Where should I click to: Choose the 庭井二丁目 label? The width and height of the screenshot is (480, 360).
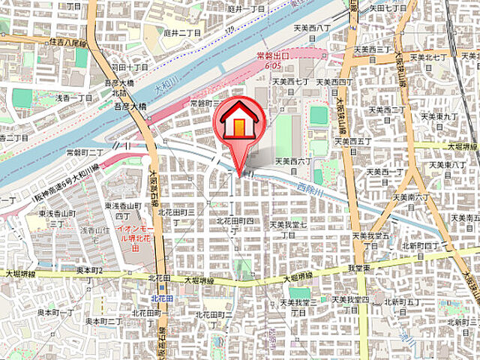pos(180,34)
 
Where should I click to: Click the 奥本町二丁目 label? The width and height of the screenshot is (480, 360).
pos(104,321)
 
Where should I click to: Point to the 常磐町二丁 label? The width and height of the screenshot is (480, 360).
pos(84,151)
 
